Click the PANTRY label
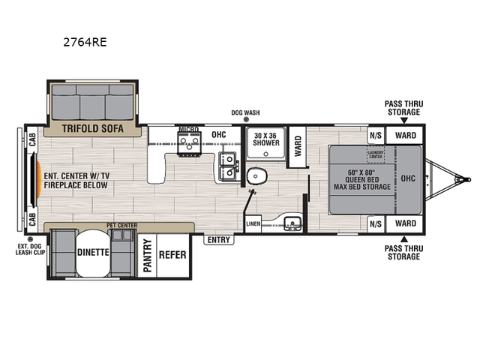point(148,254)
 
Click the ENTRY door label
point(220,240)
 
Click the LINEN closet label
point(253,223)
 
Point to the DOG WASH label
point(245,112)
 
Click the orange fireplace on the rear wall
point(35,178)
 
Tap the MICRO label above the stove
point(187,130)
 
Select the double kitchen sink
point(226,166)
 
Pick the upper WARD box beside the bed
point(405,136)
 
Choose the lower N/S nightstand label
point(375,223)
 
